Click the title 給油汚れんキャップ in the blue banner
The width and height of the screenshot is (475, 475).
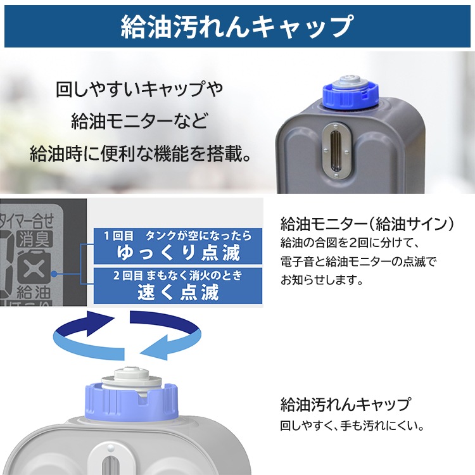tap(237, 27)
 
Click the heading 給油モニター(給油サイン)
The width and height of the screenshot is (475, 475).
tap(367, 224)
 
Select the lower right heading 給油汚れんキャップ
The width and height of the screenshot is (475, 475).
tap(345, 403)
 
